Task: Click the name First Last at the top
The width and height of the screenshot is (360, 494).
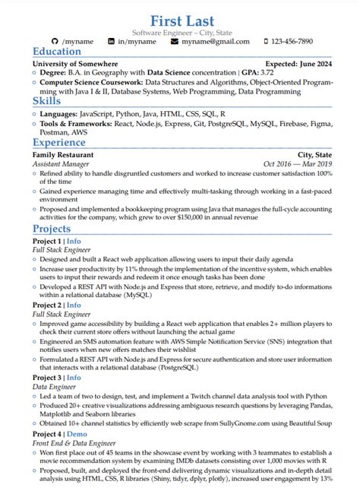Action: coord(182,20)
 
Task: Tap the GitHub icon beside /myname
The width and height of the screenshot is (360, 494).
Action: coord(55,41)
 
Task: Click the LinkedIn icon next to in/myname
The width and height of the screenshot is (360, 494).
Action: coord(112,41)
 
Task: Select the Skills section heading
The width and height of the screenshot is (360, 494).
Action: coord(48,100)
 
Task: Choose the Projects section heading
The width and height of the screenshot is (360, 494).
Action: coord(52,229)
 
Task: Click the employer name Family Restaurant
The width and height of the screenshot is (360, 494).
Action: coord(63,154)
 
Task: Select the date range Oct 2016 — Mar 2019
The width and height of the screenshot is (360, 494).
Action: coord(298,163)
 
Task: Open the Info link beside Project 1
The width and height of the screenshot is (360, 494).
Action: coord(74,241)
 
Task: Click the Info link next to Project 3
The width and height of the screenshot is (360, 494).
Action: coord(74,377)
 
